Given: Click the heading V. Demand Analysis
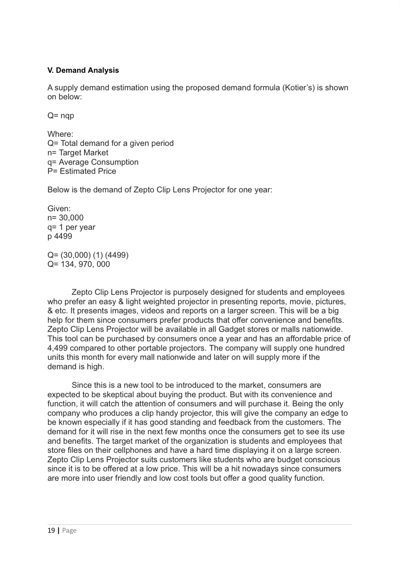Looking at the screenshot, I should click(x=83, y=70).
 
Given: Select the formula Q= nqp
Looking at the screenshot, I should click(x=61, y=116).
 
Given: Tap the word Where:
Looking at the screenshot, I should click(x=60, y=134).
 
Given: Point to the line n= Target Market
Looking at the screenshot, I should click(x=78, y=153).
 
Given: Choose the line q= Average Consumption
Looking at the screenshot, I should click(x=93, y=162).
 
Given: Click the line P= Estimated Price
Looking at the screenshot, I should click(x=82, y=171).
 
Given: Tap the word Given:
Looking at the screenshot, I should click(x=59, y=208).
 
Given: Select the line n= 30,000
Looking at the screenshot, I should click(x=65, y=218).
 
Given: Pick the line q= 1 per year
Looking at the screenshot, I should click(x=71, y=227).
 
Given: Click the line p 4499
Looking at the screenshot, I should click(x=60, y=236).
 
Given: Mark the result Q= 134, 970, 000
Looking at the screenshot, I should click(x=79, y=264).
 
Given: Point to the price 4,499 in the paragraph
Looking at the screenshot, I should click(x=58, y=348).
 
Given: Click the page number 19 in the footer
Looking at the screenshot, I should click(x=51, y=531).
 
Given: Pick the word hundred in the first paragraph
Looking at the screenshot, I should click(x=326, y=348).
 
